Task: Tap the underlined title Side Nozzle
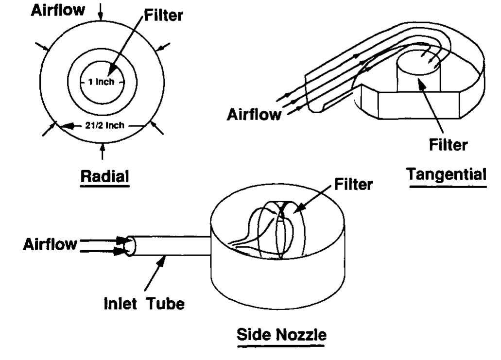coord(281,335)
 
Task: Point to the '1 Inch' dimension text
coord(101,82)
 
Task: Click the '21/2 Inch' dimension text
coord(103,125)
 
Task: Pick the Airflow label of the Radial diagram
coord(57,11)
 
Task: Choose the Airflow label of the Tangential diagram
coord(254,115)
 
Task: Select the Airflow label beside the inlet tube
coord(50,244)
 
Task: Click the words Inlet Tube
coord(145,305)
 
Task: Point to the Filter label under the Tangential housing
coord(448,144)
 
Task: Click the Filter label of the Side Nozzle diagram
coord(354,184)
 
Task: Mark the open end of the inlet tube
coord(129,246)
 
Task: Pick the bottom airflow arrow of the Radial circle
coord(102,151)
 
